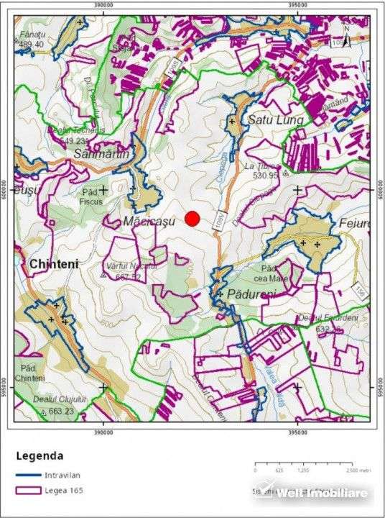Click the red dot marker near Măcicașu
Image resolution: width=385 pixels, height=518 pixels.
pos(192,219)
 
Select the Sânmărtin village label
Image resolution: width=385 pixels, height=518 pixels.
pos(101,154)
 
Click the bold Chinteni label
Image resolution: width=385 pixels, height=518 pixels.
pos(54,265)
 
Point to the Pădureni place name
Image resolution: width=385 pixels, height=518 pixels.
pos(252,295)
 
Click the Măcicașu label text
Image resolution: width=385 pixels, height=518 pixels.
pos(149,222)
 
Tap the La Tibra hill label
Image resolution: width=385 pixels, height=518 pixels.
pos(260,166)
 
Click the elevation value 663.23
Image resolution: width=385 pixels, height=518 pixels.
pos(62,411)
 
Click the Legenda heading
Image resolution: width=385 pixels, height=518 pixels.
pos(40,455)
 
